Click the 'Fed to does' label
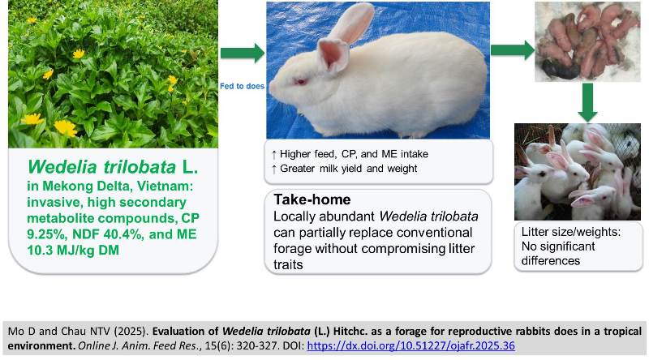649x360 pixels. click(243, 87)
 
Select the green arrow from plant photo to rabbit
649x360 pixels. click(248, 54)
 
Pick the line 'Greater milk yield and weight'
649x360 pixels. click(352, 168)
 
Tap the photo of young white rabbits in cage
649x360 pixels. click(577, 170)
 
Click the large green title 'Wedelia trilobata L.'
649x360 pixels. click(110, 165)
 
